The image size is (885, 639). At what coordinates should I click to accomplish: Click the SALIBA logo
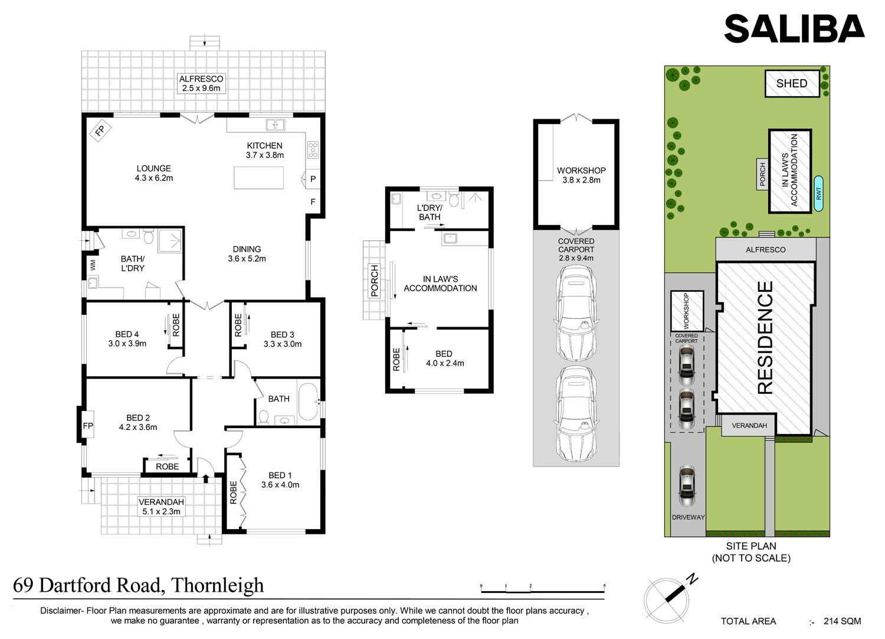tap(794, 28)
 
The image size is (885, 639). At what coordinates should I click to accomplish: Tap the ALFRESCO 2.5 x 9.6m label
tap(201, 83)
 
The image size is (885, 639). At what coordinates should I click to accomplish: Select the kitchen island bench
tap(259, 178)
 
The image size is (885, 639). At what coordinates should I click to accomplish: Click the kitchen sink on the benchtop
tap(275, 125)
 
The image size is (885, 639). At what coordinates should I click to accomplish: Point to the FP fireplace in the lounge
tap(100, 130)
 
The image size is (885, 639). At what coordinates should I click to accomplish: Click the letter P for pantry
tap(313, 179)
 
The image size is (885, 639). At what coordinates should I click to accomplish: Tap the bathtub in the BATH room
tap(309, 402)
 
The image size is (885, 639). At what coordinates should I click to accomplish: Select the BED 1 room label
tap(280, 480)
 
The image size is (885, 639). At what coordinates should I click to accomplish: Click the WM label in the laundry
tap(93, 265)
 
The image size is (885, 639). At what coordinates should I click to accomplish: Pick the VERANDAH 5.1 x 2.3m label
tap(161, 507)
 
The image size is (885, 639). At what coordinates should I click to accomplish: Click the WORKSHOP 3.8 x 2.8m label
tap(581, 175)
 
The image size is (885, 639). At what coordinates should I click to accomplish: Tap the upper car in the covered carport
tap(576, 313)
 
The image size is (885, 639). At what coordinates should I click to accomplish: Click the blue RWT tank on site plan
tap(819, 193)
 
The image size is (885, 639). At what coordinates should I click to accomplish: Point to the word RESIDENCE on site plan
tap(765, 337)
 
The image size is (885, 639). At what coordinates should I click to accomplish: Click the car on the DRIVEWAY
tap(687, 485)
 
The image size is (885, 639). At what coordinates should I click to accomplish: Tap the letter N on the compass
tap(692, 580)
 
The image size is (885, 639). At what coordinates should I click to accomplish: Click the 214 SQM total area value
tap(843, 621)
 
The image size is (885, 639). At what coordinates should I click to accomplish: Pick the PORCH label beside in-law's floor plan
tap(375, 281)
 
